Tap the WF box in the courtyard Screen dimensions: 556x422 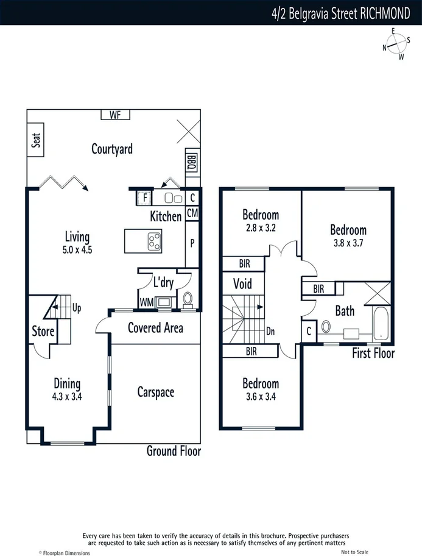(x=115, y=115)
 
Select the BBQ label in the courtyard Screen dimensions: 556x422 (x=192, y=162)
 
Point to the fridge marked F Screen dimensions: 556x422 (x=144, y=198)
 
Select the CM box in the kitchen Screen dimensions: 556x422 (x=192, y=213)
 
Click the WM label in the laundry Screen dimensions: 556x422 (x=146, y=302)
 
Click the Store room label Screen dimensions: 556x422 (x=43, y=332)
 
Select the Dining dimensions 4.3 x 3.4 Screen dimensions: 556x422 (x=67, y=396)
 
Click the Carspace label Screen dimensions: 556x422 (x=155, y=392)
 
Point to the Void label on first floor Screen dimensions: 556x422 (x=242, y=284)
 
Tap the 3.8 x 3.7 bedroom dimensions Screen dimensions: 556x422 (x=348, y=242)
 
